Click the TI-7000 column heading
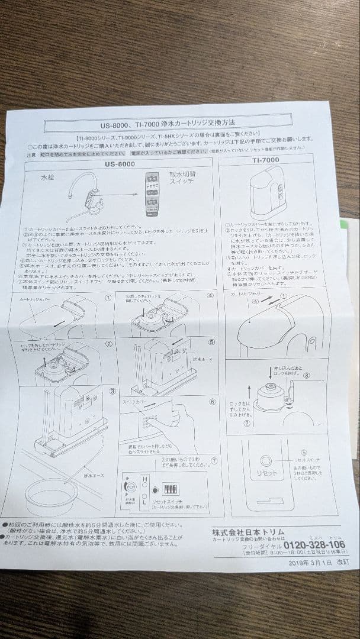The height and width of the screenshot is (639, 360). coord(265,160)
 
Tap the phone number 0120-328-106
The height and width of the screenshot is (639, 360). coord(314,545)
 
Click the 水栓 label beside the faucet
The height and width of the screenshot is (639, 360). coord(48,177)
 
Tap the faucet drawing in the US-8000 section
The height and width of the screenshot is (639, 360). coord(86,196)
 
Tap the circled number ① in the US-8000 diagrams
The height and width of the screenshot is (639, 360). coord(108,298)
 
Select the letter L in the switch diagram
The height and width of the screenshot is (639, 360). coord(144,501)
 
